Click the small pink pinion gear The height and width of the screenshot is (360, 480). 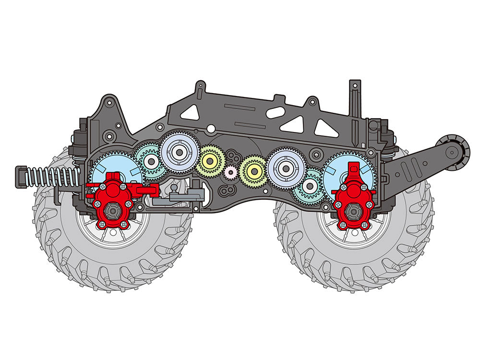coord(231,171)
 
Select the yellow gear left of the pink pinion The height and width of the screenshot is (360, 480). coord(210,160)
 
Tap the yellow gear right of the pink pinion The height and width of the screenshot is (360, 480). coord(253,170)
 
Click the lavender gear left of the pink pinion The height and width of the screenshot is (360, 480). coord(180,153)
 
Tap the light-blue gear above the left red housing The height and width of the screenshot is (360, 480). coord(115,169)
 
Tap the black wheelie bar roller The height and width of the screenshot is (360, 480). coord(451,151)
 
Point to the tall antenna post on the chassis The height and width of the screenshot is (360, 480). coord(355,96)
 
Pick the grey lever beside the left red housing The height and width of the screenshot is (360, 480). coord(185,196)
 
